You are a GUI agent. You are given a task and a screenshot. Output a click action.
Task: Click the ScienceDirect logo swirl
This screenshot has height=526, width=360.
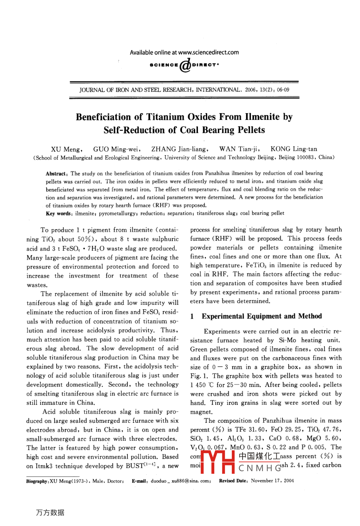point(185,65)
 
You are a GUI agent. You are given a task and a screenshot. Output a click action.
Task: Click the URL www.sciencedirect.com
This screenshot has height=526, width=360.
point(208,52)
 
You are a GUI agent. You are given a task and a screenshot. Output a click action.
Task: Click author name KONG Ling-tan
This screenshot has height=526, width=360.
point(294,149)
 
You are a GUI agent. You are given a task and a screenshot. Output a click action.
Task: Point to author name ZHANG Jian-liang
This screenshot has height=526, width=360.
point(179,149)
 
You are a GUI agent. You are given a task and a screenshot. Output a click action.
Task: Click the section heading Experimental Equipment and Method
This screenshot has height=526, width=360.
point(261,316)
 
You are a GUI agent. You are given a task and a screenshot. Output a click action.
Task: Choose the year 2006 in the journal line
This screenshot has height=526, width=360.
point(251,90)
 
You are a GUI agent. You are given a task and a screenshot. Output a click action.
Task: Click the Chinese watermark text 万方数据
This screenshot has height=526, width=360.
point(50,512)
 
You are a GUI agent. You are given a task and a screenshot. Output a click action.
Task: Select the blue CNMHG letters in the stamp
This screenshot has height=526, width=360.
point(258,467)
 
